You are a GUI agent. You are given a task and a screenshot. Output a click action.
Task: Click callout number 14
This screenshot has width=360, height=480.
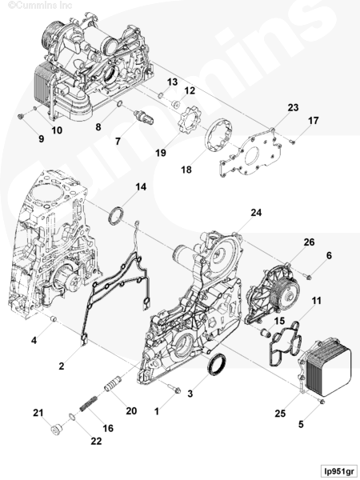click(x=141, y=186)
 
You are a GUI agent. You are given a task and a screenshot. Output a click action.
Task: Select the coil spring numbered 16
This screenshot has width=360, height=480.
click(x=89, y=404)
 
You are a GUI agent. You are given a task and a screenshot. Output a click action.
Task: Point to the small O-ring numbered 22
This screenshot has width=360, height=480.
click(x=72, y=417)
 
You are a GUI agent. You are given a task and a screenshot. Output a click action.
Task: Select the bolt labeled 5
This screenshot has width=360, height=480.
click(x=322, y=401)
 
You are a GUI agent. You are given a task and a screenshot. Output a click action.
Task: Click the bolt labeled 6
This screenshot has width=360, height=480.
click(x=309, y=277)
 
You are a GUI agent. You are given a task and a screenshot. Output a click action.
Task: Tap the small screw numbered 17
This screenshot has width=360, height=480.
click(x=292, y=142)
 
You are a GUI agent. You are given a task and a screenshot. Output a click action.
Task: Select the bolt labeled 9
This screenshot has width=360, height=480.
click(x=21, y=116)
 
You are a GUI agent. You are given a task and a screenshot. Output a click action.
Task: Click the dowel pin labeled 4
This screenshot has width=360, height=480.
click(x=54, y=318)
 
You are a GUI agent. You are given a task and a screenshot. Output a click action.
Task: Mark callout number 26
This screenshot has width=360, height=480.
click(x=309, y=242)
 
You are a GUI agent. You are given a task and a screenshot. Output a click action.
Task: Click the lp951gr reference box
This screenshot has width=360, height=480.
click(x=338, y=470)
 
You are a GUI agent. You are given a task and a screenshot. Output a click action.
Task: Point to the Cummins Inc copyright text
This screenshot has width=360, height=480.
click(x=40, y=6)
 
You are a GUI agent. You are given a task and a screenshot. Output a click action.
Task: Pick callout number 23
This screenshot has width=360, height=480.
click(x=293, y=107)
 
